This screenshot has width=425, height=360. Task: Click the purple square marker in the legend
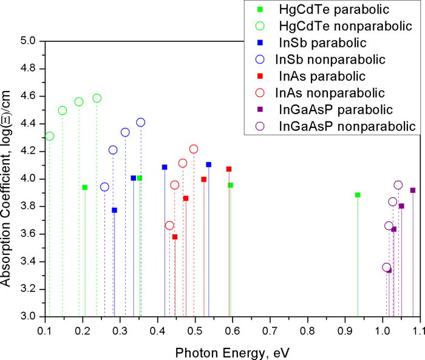click(260, 110)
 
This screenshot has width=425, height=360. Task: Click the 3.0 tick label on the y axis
click(29, 316)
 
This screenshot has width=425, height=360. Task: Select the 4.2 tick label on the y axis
click(29, 151)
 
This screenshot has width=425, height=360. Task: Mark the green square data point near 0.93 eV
click(358, 195)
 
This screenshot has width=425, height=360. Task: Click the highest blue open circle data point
click(140, 122)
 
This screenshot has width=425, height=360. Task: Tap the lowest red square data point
click(175, 237)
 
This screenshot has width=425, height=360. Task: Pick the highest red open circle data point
click(194, 149)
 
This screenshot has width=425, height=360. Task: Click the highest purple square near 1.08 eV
click(413, 190)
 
